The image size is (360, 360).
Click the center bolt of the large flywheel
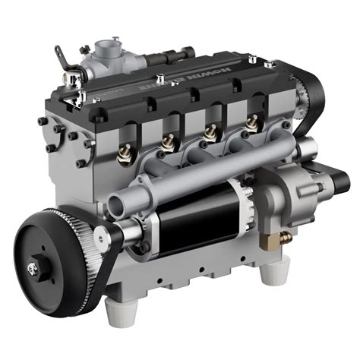(34, 267)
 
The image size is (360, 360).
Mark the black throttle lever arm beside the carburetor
(62, 57)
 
